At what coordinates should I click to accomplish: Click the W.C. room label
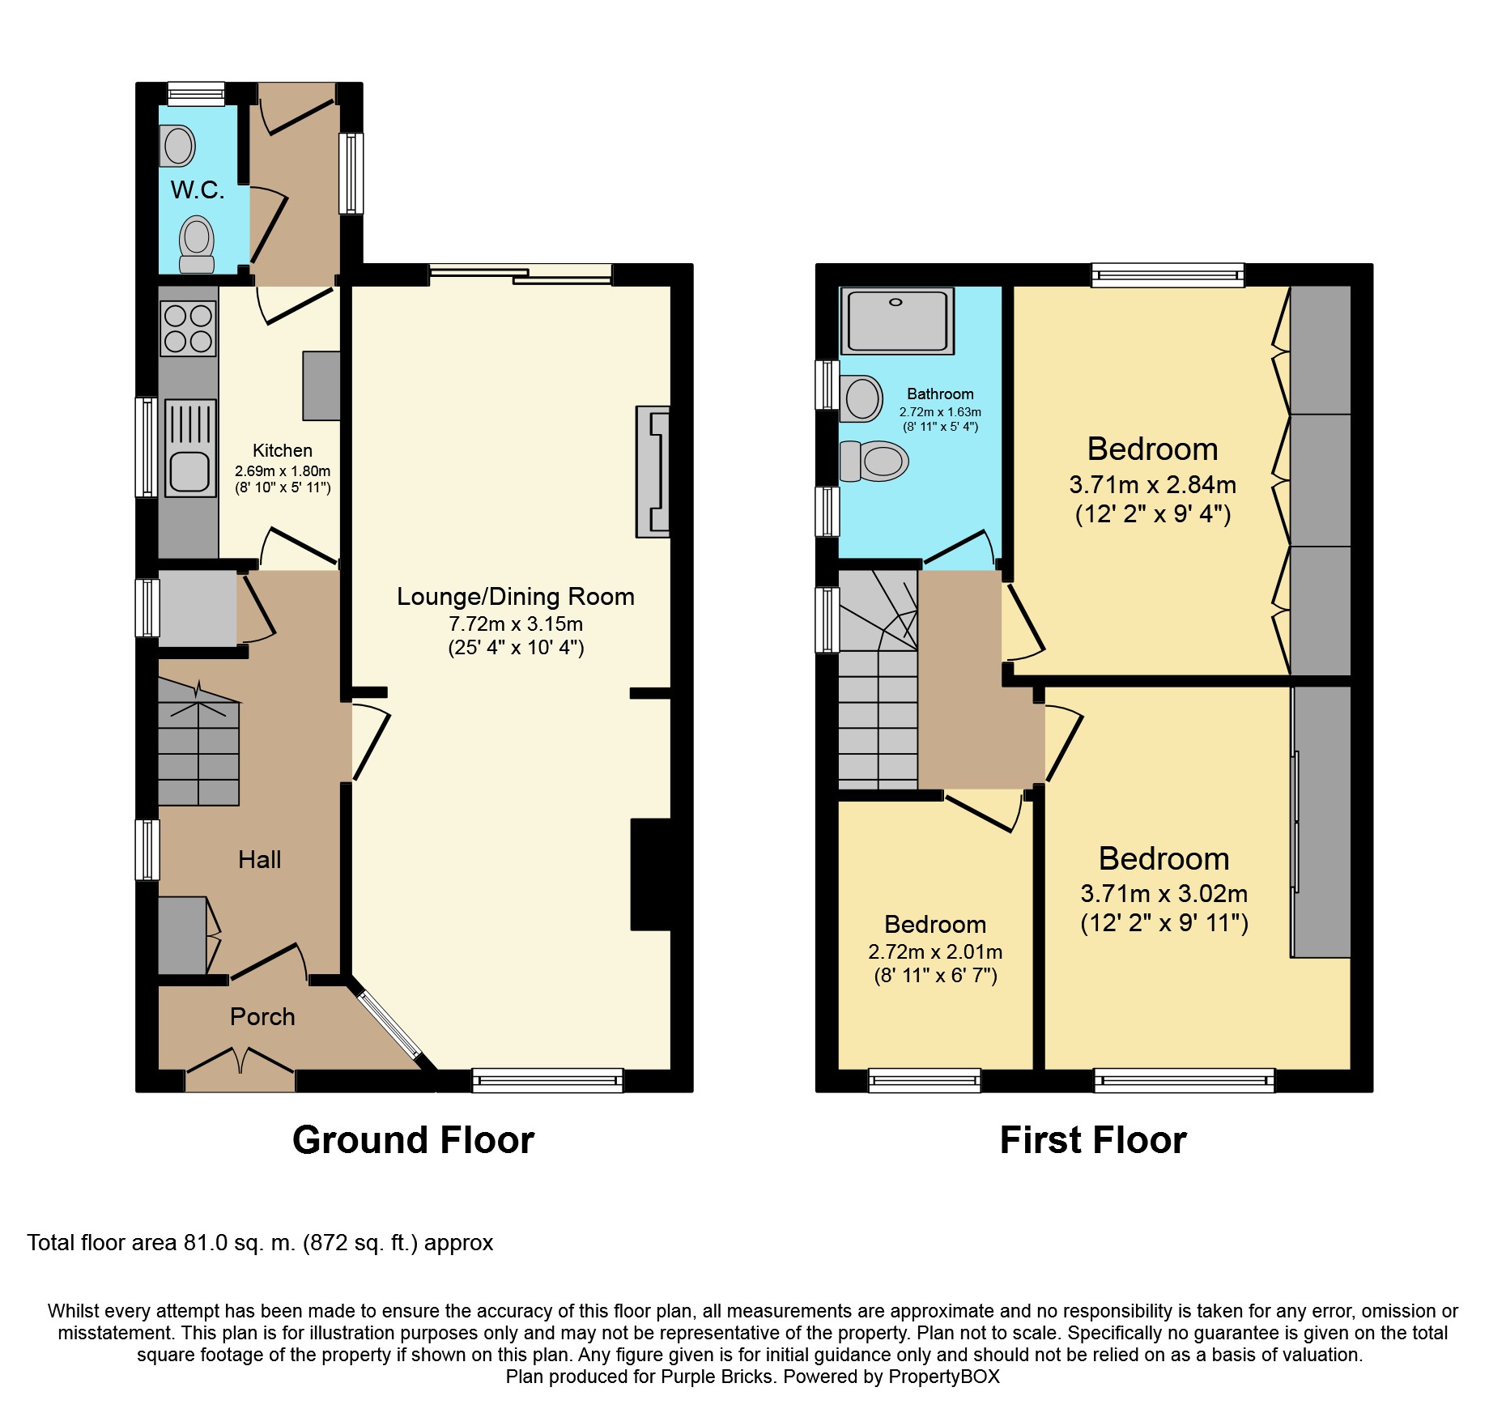point(198,190)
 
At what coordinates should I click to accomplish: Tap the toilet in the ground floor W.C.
point(196,244)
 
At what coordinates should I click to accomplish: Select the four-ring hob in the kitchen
point(189,329)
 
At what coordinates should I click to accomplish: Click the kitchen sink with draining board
point(191,448)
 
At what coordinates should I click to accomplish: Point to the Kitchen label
point(282,451)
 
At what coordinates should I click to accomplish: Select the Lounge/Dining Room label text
point(516,597)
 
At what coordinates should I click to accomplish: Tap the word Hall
point(260,859)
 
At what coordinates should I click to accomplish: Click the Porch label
point(262,1016)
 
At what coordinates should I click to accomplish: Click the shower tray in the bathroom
point(897,321)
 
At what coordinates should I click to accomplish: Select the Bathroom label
point(940,394)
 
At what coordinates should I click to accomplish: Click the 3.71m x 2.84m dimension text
point(1153,485)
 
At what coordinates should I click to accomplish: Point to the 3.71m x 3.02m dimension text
point(1164,894)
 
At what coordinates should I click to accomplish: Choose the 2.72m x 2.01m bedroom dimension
point(935,952)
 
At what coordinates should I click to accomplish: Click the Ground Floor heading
point(414,1140)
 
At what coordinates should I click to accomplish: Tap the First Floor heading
point(1093,1140)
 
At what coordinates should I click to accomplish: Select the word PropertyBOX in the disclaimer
point(944,1377)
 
